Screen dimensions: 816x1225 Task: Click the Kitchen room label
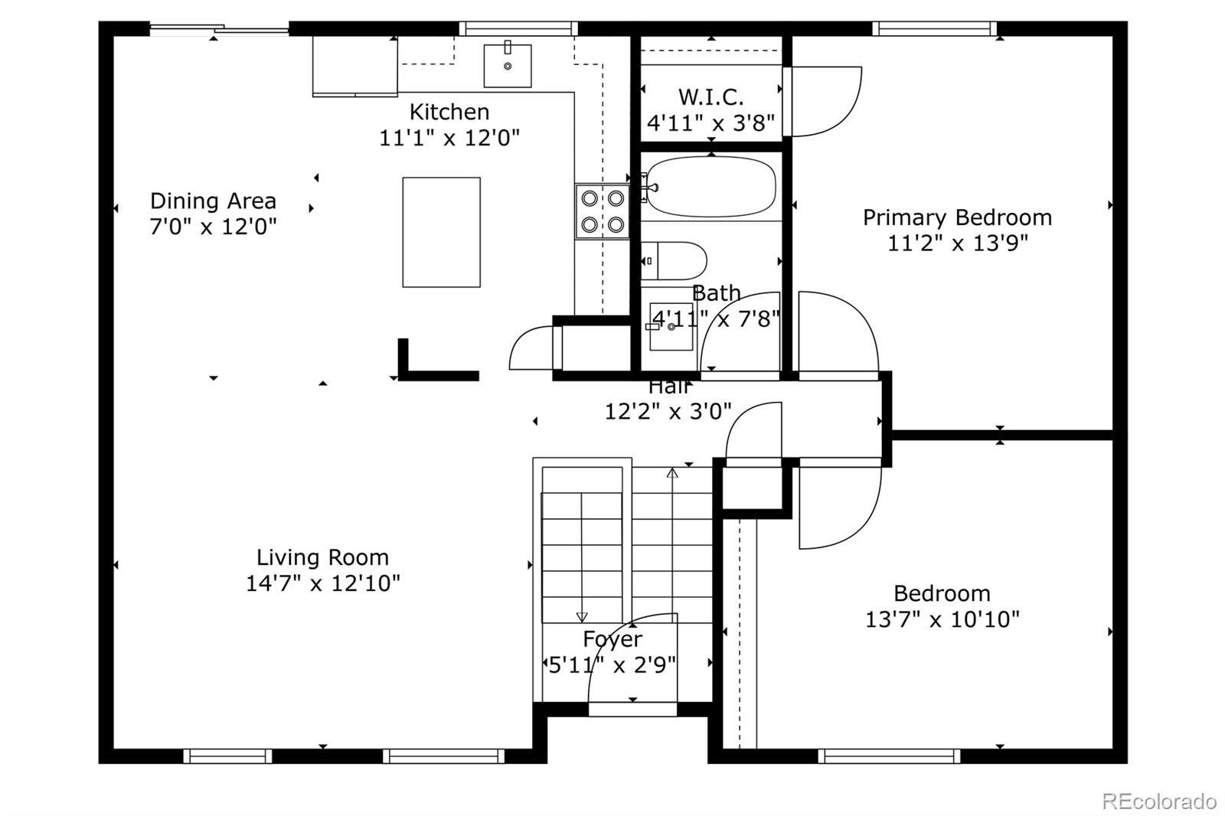(x=449, y=112)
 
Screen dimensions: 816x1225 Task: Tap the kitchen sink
(x=508, y=66)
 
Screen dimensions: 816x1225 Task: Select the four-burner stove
(x=603, y=211)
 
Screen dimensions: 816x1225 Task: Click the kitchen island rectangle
(x=442, y=232)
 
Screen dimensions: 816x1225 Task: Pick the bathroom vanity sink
(x=671, y=327)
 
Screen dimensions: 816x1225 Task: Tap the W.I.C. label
(x=710, y=97)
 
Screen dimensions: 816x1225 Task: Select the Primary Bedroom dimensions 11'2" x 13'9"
(x=957, y=243)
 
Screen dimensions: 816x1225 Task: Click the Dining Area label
(x=213, y=201)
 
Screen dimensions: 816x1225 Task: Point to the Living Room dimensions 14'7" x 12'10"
(x=322, y=583)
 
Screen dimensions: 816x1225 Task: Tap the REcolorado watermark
(x=1158, y=801)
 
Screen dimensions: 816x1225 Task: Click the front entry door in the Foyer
(x=632, y=709)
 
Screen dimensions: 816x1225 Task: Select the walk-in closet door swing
(x=823, y=102)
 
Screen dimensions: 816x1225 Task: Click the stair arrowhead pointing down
(x=582, y=617)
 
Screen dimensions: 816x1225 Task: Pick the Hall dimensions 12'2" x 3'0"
(x=668, y=412)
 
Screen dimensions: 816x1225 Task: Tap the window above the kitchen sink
(x=518, y=28)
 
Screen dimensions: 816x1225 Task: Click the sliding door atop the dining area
(x=219, y=31)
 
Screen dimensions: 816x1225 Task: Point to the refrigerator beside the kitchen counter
(x=354, y=66)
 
